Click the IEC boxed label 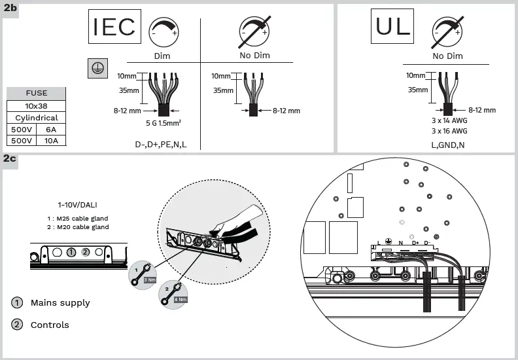coord(114,27)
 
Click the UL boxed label coord(393,26)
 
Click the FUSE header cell coord(37,93)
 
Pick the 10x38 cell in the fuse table coord(37,105)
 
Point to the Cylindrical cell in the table coord(37,118)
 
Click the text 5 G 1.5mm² coord(164,122)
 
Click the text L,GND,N coord(447,144)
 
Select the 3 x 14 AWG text coord(450,120)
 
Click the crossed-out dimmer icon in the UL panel coord(447,31)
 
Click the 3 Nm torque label coord(149,279)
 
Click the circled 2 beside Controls coord(17,325)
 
